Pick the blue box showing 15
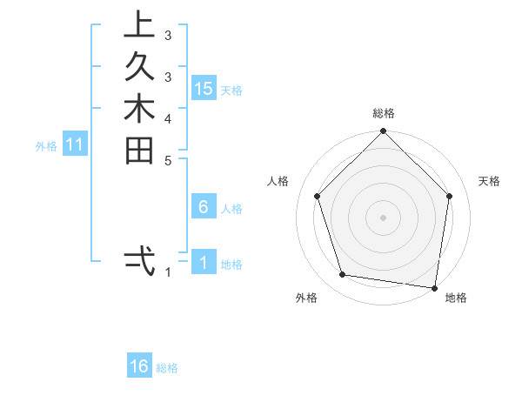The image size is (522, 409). (204, 89)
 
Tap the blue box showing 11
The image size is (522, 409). (75, 145)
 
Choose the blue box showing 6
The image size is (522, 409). (204, 207)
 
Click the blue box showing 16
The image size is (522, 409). (139, 366)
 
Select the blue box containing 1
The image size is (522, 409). (204, 263)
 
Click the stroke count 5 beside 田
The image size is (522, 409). (167, 160)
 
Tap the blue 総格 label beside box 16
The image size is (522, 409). (167, 368)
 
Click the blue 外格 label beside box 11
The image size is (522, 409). (46, 147)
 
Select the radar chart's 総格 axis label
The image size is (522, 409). (384, 113)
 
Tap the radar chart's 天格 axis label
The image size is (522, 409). (490, 181)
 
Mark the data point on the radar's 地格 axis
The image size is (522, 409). (434, 286)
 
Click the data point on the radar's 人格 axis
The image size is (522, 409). (318, 196)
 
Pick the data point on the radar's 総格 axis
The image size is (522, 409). (384, 132)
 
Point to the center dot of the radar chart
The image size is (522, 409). (384, 217)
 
